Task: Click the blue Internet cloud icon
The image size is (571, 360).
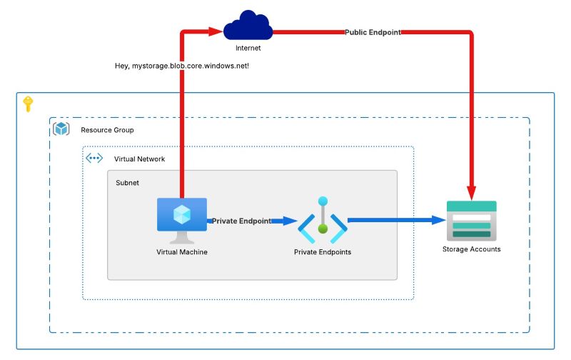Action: pos(248,27)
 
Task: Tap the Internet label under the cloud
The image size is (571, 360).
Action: pos(248,49)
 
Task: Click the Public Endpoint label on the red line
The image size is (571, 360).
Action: pos(373,32)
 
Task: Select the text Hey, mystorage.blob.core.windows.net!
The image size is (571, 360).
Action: pos(181,66)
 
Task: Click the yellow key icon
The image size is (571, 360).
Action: pos(28,104)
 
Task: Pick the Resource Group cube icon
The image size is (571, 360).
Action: pos(61,129)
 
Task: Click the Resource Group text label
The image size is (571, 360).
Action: pos(107,130)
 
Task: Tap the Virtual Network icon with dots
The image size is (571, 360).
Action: pos(94,159)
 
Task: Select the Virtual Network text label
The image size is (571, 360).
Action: pos(139,159)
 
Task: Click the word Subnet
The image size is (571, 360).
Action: pos(127,183)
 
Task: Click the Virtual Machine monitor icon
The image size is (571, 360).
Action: pos(181,219)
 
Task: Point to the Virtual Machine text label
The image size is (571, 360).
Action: pos(182,251)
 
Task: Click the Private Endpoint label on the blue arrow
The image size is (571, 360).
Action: pos(241,221)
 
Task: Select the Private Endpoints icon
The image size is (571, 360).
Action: pos(323,221)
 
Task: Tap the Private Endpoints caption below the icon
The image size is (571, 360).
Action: pos(323,252)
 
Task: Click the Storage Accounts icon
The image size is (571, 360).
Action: pos(471,219)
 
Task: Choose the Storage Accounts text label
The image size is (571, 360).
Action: pos(471,249)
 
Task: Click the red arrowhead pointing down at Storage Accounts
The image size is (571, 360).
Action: pos(471,193)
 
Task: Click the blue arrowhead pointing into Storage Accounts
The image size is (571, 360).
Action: pos(440,220)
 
